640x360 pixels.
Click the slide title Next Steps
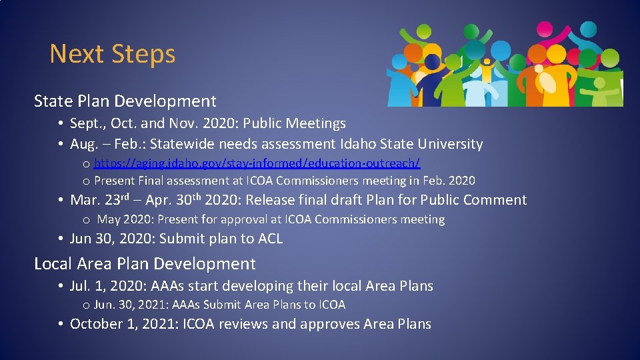pyautogui.click(x=112, y=54)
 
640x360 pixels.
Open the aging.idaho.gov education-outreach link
pyautogui.click(x=257, y=163)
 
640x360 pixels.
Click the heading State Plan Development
pyautogui.click(x=125, y=101)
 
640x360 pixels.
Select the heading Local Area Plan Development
pyautogui.click(x=145, y=264)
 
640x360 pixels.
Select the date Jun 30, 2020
pyautogui.click(x=109, y=239)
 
